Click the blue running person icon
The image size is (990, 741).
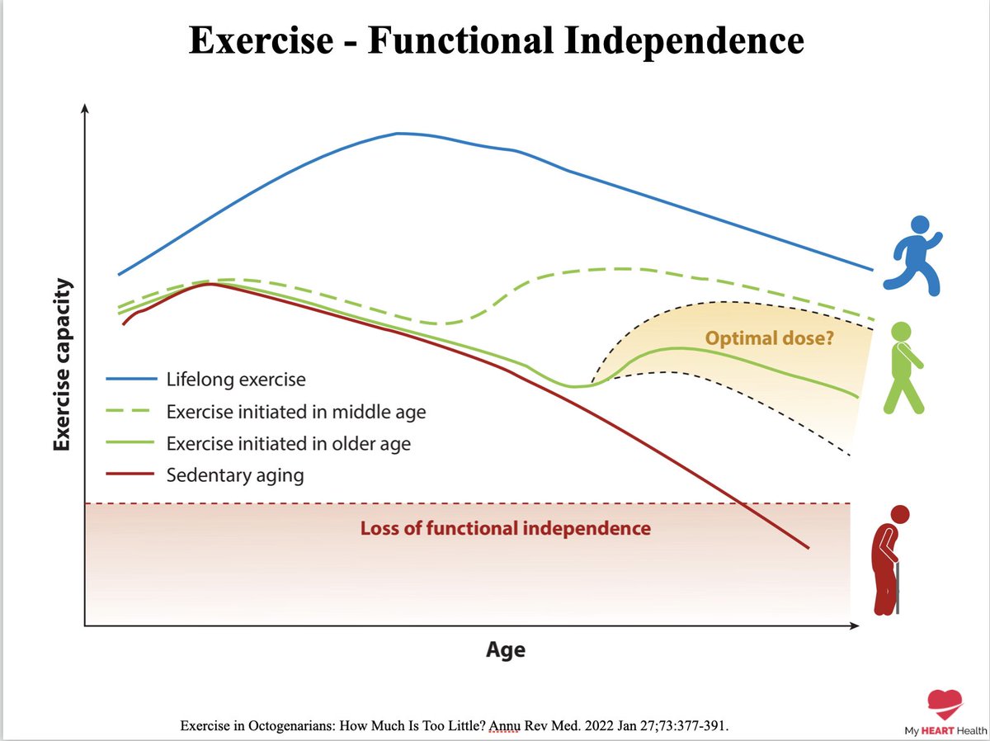point(912,255)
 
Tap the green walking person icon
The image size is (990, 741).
point(904,367)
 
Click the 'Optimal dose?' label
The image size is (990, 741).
point(769,337)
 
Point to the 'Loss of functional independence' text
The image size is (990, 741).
point(505,528)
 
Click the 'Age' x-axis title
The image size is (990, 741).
point(505,649)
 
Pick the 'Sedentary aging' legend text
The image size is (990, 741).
point(234,475)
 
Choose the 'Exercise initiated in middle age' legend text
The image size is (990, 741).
point(295,412)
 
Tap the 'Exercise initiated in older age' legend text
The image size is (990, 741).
point(288,444)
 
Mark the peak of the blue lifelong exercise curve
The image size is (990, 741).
point(399,133)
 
